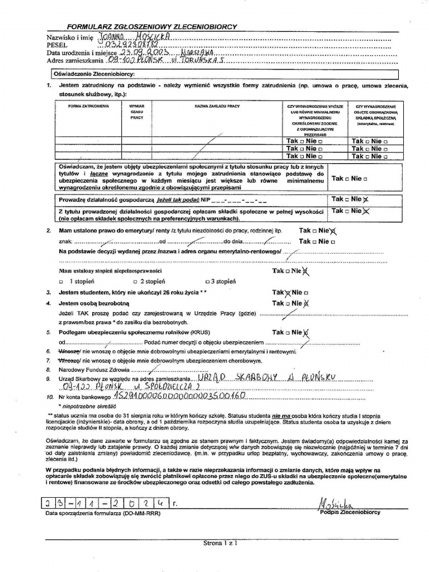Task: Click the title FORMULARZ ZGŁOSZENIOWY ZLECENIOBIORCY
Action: [x=152, y=26]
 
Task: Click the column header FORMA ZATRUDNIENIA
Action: [x=88, y=106]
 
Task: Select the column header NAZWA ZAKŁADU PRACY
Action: [x=217, y=106]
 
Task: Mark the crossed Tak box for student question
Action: [x=288, y=293]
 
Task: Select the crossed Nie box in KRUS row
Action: [x=306, y=333]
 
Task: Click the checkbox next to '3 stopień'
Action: [x=208, y=282]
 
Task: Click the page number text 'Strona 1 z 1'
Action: [x=220, y=542]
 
